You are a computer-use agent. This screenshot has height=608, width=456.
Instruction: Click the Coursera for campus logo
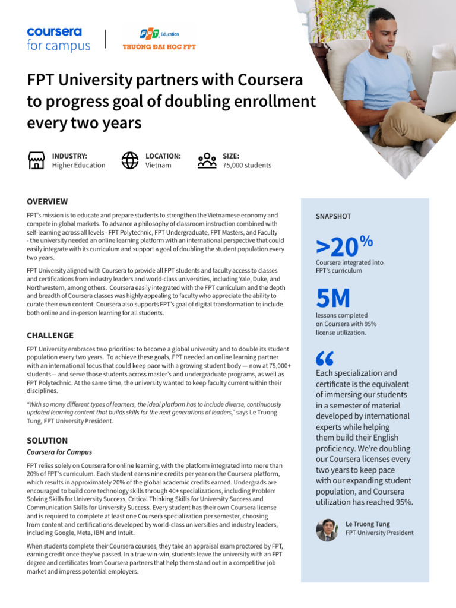click(58, 39)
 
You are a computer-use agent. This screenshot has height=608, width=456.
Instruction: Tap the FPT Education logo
click(159, 39)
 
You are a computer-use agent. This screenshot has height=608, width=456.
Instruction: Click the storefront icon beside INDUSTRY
click(37, 160)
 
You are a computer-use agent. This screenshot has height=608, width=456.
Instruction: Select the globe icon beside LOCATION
click(129, 160)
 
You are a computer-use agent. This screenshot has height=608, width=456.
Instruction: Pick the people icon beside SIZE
click(207, 160)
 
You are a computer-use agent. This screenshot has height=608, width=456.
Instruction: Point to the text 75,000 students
click(247, 166)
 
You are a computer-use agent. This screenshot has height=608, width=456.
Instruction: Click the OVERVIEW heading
click(47, 202)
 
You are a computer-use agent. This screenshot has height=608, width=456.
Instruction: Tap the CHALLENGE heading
click(50, 335)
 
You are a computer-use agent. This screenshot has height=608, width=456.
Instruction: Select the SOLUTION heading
click(47, 441)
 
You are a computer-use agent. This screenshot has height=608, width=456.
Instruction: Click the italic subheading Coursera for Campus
click(59, 452)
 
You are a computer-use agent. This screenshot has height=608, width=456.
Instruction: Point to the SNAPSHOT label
click(333, 217)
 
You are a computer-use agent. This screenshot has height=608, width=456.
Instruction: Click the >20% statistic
click(344, 245)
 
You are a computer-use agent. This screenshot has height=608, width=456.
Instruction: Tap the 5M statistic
click(333, 299)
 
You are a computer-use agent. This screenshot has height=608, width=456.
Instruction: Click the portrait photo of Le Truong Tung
click(327, 530)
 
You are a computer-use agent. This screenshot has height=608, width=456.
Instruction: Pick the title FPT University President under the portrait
click(379, 533)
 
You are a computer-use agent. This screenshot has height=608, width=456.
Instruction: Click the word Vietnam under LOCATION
click(159, 166)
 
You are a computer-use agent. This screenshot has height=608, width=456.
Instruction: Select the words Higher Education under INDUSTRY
click(78, 166)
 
